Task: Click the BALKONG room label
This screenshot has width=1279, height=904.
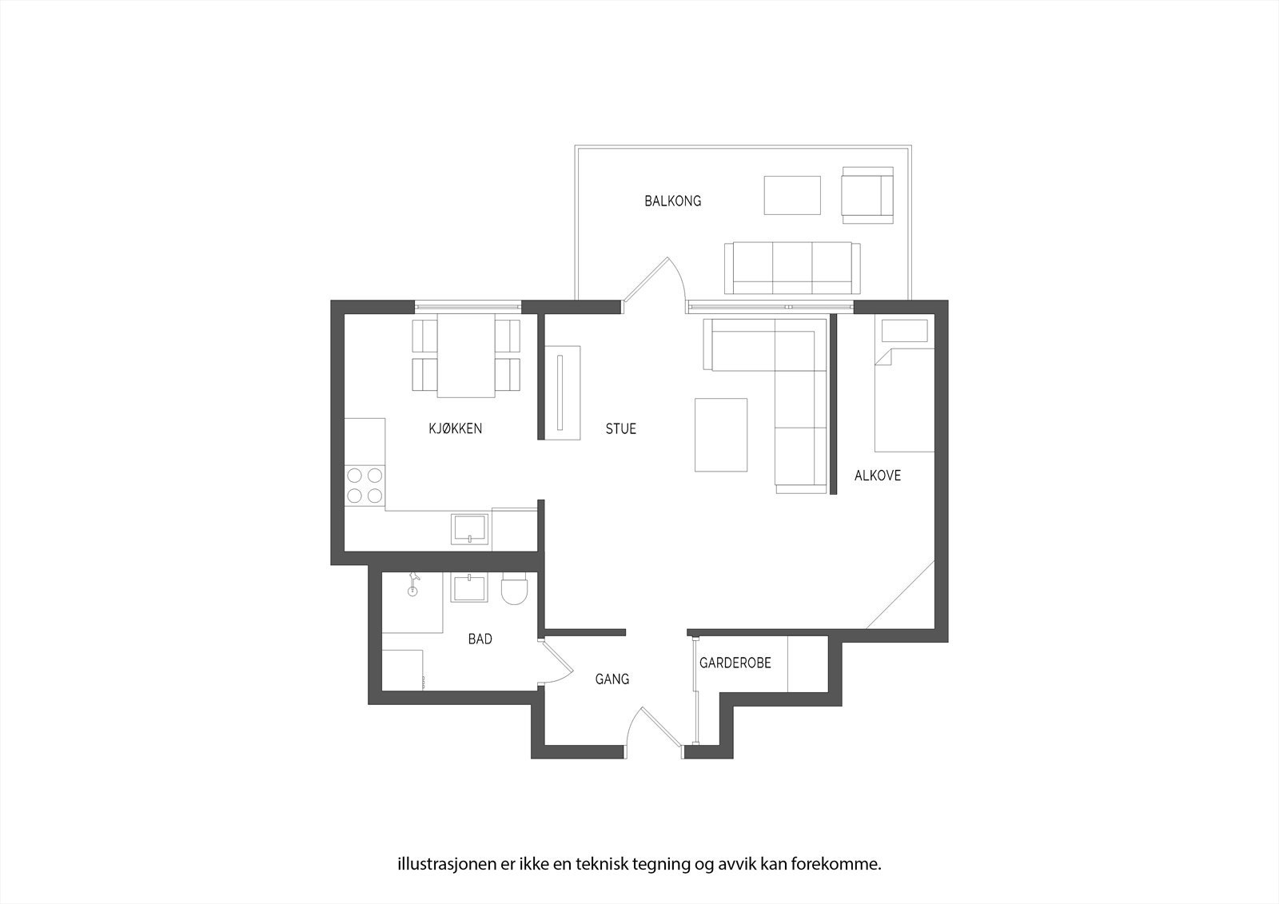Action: coord(672,201)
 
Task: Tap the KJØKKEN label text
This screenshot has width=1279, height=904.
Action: coord(455,428)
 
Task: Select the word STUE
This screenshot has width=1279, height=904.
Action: coord(620,428)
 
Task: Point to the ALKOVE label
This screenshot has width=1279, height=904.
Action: coord(878,475)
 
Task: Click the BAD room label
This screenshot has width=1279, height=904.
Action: coord(480,639)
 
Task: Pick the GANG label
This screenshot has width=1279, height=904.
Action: coord(612,679)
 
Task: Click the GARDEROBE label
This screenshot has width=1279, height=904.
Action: coord(735,663)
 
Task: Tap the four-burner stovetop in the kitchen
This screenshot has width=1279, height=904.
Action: coord(365,485)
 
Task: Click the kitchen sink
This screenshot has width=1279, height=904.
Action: coord(469,529)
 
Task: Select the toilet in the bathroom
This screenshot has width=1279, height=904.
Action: coord(516,589)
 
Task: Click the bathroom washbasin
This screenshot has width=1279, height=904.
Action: coord(469,588)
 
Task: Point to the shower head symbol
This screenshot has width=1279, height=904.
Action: coord(412,583)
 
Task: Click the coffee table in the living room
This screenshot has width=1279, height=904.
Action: coord(720,435)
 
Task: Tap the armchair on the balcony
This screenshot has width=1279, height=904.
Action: coord(867,195)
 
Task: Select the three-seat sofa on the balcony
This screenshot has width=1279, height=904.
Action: coord(792,268)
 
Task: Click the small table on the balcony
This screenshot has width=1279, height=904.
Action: coord(792,195)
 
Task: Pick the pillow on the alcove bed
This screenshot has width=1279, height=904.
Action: coord(904,331)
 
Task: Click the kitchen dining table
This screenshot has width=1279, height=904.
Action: coord(466,355)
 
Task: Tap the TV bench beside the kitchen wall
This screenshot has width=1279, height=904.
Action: coord(563,393)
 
